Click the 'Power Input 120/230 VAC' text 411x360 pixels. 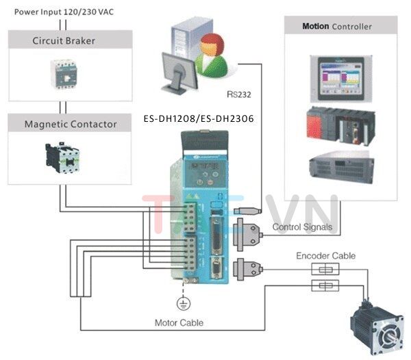coord(60,11)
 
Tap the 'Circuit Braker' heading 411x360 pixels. coord(64,40)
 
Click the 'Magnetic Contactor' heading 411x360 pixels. coord(71,124)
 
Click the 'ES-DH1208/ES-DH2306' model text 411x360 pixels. coord(199,118)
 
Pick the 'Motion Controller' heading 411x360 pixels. coord(337,27)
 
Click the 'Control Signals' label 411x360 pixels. coord(302,227)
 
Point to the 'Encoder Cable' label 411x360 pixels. coord(325,255)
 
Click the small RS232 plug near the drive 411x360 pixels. coord(245,211)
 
